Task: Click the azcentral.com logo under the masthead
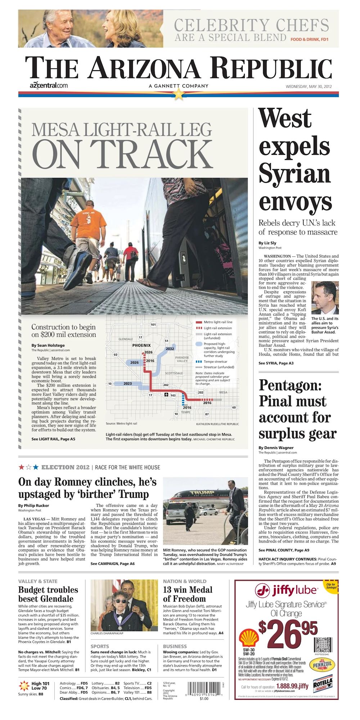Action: point(49,86)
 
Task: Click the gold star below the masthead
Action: point(179,94)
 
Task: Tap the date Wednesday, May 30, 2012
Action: point(309,86)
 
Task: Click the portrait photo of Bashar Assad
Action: point(325,298)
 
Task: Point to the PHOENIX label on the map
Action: point(141,345)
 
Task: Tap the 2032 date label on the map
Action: point(170,348)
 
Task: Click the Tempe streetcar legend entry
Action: point(215,361)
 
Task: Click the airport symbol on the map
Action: point(166,395)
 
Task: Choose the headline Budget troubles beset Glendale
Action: point(48,594)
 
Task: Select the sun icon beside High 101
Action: point(24,685)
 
